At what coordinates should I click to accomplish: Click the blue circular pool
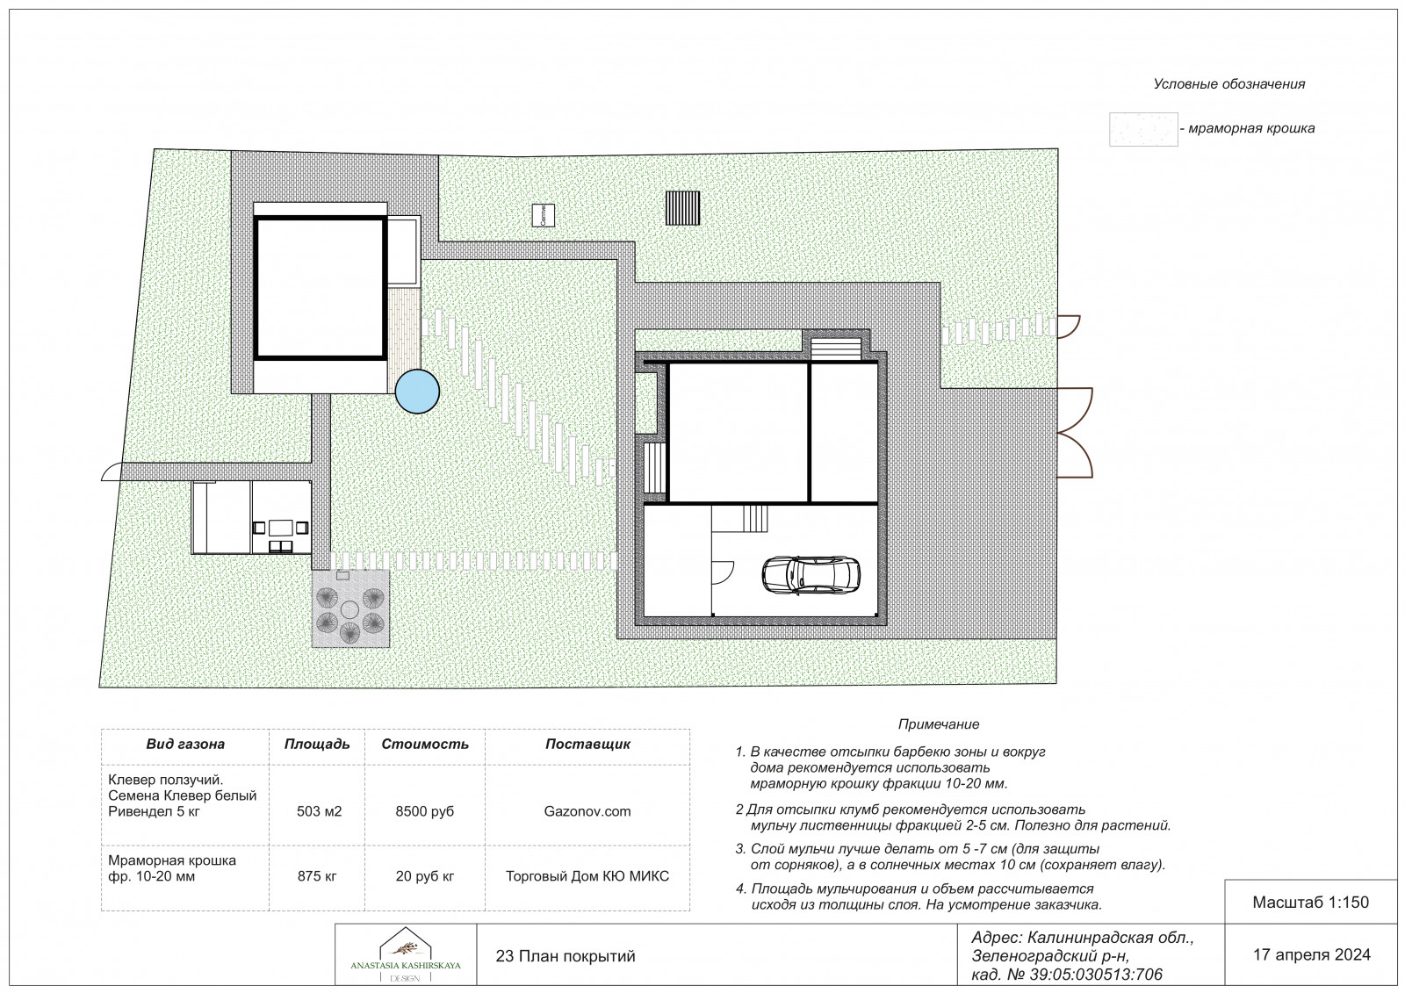pos(417,392)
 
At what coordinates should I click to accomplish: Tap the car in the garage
pos(811,574)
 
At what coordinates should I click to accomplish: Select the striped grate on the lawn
pos(682,208)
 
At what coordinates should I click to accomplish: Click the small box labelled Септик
pos(544,215)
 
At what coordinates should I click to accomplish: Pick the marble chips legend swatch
pos(1143,129)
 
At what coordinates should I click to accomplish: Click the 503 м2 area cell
pos(320,811)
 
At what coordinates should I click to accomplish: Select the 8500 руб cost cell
pos(425,811)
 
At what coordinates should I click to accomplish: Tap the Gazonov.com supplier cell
pos(587,811)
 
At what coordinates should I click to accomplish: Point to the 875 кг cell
pos(317,875)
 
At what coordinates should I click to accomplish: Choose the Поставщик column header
pos(587,744)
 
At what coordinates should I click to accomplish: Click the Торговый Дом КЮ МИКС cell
pos(587,875)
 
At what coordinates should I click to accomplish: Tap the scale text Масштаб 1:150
pos(1311,902)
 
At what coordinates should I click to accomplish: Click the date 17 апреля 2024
pos(1312,954)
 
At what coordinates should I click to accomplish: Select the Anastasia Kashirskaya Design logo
pos(405,955)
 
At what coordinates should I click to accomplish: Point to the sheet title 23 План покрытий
pos(566,956)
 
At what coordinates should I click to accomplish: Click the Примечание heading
pos(939,723)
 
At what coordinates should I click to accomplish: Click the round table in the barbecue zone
pos(349,609)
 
